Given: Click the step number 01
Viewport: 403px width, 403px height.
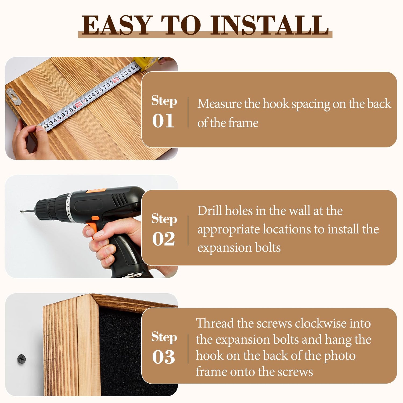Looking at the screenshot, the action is tap(163, 121).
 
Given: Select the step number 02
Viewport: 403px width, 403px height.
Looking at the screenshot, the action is tap(163, 239).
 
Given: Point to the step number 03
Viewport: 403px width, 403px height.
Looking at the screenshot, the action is tap(163, 357).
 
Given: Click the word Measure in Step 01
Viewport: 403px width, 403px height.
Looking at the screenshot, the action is tap(220, 104).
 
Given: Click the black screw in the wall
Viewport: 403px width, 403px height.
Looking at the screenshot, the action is tap(21, 358).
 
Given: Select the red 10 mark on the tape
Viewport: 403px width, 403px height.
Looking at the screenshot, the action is tap(78, 104).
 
